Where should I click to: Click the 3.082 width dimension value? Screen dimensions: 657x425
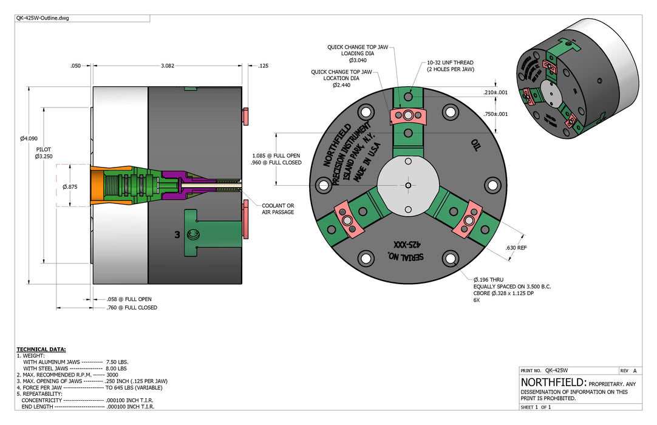[x=168, y=66]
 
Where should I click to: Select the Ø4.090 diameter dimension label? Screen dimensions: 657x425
[x=29, y=139]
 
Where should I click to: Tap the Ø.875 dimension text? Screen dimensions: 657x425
[x=70, y=187]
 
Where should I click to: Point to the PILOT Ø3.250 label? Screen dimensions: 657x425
[x=44, y=153]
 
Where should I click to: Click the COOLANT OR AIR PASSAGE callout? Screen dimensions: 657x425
[x=278, y=209]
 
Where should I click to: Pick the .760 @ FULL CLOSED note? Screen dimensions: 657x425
[x=132, y=308]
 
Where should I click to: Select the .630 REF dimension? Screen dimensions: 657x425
[x=516, y=248]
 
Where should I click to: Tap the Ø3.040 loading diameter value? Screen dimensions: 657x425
[x=358, y=60]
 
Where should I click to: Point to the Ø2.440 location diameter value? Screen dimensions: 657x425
[x=341, y=85]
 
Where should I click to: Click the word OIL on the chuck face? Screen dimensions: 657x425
[x=475, y=145]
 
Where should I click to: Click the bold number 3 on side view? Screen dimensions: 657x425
[x=177, y=235]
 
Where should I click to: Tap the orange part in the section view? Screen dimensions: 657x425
[x=97, y=186]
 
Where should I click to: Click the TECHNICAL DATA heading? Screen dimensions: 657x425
[x=41, y=350]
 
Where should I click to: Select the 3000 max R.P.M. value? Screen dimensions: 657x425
[x=112, y=375]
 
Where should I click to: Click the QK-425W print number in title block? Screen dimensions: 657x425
[x=556, y=370]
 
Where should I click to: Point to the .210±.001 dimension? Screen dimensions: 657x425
[x=495, y=93]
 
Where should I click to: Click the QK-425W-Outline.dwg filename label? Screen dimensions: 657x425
[x=43, y=18]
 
